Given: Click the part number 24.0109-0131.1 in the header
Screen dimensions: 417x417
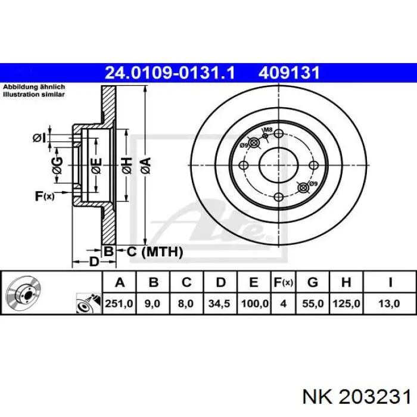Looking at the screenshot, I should pyautogui.click(x=170, y=73).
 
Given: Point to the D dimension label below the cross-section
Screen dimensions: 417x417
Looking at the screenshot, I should pyautogui.click(x=94, y=262).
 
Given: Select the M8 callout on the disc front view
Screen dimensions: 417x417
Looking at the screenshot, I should pyautogui.click(x=268, y=130).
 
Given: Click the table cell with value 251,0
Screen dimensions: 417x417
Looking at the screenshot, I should pyautogui.click(x=119, y=303).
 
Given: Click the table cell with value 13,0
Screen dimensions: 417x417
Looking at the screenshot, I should pyautogui.click(x=390, y=303).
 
